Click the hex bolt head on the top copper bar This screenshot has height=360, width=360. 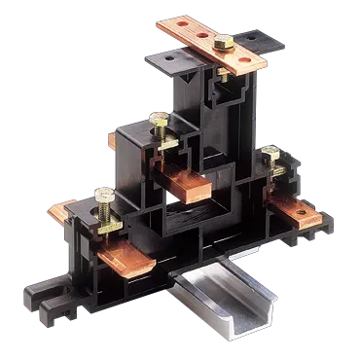click(x=222, y=43)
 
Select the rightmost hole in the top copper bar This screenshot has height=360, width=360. click(x=254, y=59)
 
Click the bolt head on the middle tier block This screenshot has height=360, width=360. click(x=158, y=120)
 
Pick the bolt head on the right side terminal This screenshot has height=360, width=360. click(x=270, y=153)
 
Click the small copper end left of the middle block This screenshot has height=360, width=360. click(x=113, y=140)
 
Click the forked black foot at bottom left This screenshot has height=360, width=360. click(x=44, y=292)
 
